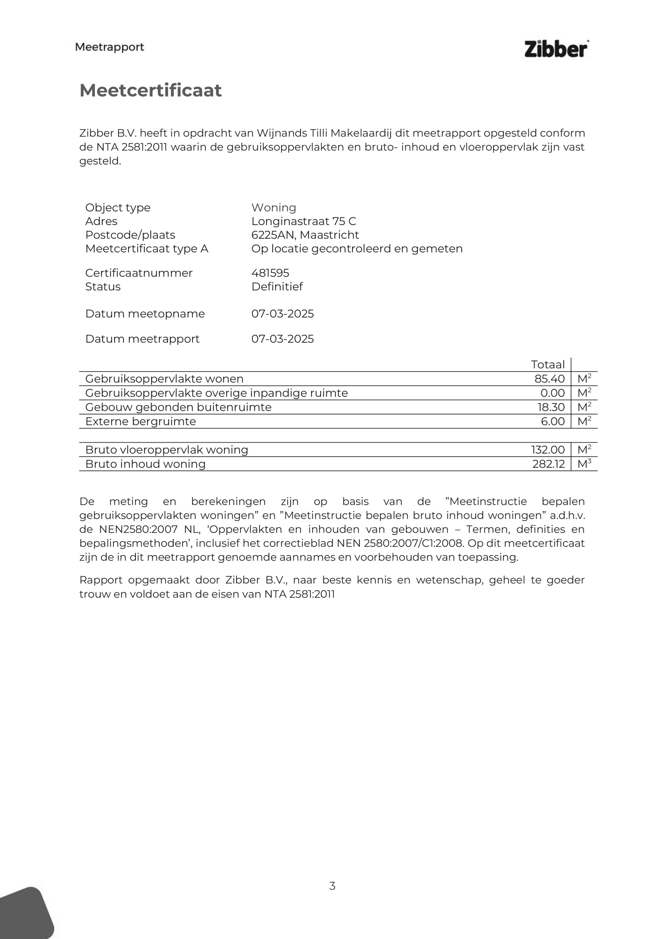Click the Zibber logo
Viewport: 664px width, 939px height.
click(556, 49)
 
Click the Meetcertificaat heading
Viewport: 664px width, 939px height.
click(150, 90)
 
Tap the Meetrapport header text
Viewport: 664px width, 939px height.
click(110, 47)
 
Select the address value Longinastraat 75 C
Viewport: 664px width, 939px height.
click(303, 221)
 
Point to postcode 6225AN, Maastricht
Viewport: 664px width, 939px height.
click(305, 235)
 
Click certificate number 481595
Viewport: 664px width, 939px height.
click(270, 273)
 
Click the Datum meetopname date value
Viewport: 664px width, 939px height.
click(282, 314)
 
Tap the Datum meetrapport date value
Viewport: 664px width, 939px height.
click(282, 339)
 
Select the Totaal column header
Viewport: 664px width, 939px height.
click(547, 364)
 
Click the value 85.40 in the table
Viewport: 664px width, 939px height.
click(549, 379)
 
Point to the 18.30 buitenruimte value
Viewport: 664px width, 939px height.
click(551, 407)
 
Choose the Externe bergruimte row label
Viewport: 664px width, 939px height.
click(140, 421)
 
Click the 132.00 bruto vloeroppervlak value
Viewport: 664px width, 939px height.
click(548, 450)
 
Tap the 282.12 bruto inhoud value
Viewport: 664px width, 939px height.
click(548, 464)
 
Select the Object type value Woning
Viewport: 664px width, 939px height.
click(274, 207)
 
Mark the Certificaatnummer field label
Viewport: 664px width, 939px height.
click(139, 273)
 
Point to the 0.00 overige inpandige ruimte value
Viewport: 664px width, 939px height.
click(552, 393)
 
